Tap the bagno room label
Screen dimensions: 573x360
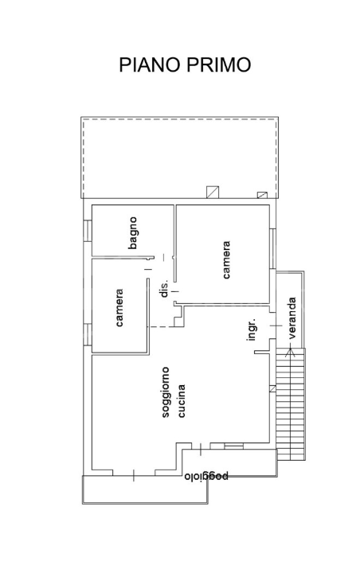coord(133,232)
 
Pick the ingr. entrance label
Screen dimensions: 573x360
coord(251,330)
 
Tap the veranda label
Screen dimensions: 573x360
coord(292,318)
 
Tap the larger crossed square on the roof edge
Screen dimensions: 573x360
coord(212,192)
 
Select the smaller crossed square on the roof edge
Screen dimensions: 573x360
coord(262,193)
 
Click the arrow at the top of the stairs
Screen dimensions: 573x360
coord(291,351)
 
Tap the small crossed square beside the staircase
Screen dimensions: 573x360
coord(272,388)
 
